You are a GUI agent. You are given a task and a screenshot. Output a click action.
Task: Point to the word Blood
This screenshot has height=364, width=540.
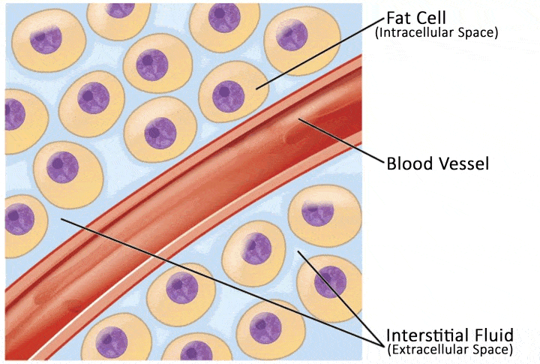tap(408, 163)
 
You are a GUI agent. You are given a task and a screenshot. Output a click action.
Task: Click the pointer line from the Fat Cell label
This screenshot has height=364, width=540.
tap(322, 53)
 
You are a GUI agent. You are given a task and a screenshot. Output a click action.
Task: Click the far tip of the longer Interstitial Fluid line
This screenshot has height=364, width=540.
tap(61, 219)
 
